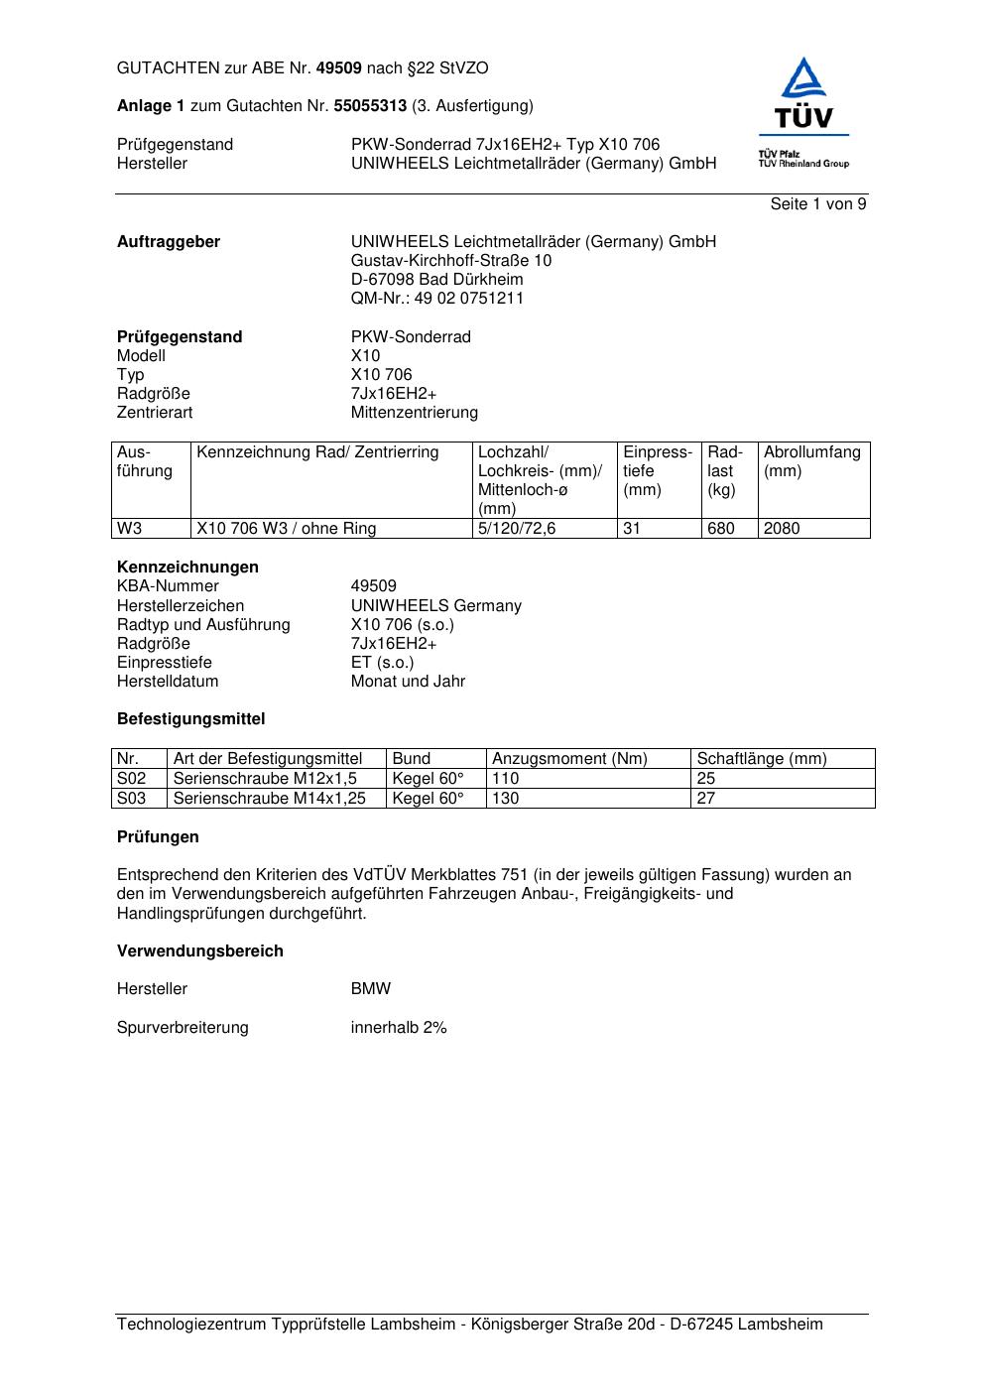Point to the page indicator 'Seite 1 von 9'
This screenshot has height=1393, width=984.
tap(817, 204)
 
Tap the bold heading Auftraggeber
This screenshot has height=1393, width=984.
tap(169, 242)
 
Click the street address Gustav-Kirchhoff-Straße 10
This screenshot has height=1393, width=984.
tap(451, 261)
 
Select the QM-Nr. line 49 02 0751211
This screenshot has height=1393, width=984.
tap(436, 299)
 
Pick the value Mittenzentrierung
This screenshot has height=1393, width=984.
tap(414, 413)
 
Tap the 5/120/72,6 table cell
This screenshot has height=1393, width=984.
tap(517, 529)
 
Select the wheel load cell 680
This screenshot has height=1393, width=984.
tap(720, 529)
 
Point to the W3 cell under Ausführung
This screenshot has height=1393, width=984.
tap(130, 529)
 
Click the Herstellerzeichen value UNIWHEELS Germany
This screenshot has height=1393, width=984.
tap(435, 606)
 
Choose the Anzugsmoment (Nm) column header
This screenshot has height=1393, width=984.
tap(569, 759)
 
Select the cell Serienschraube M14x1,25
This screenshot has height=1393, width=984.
tap(270, 798)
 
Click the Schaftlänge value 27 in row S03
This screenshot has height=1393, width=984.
tap(706, 798)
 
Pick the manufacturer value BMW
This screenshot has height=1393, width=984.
tap(371, 989)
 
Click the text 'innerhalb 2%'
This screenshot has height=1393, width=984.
tap(399, 1028)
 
